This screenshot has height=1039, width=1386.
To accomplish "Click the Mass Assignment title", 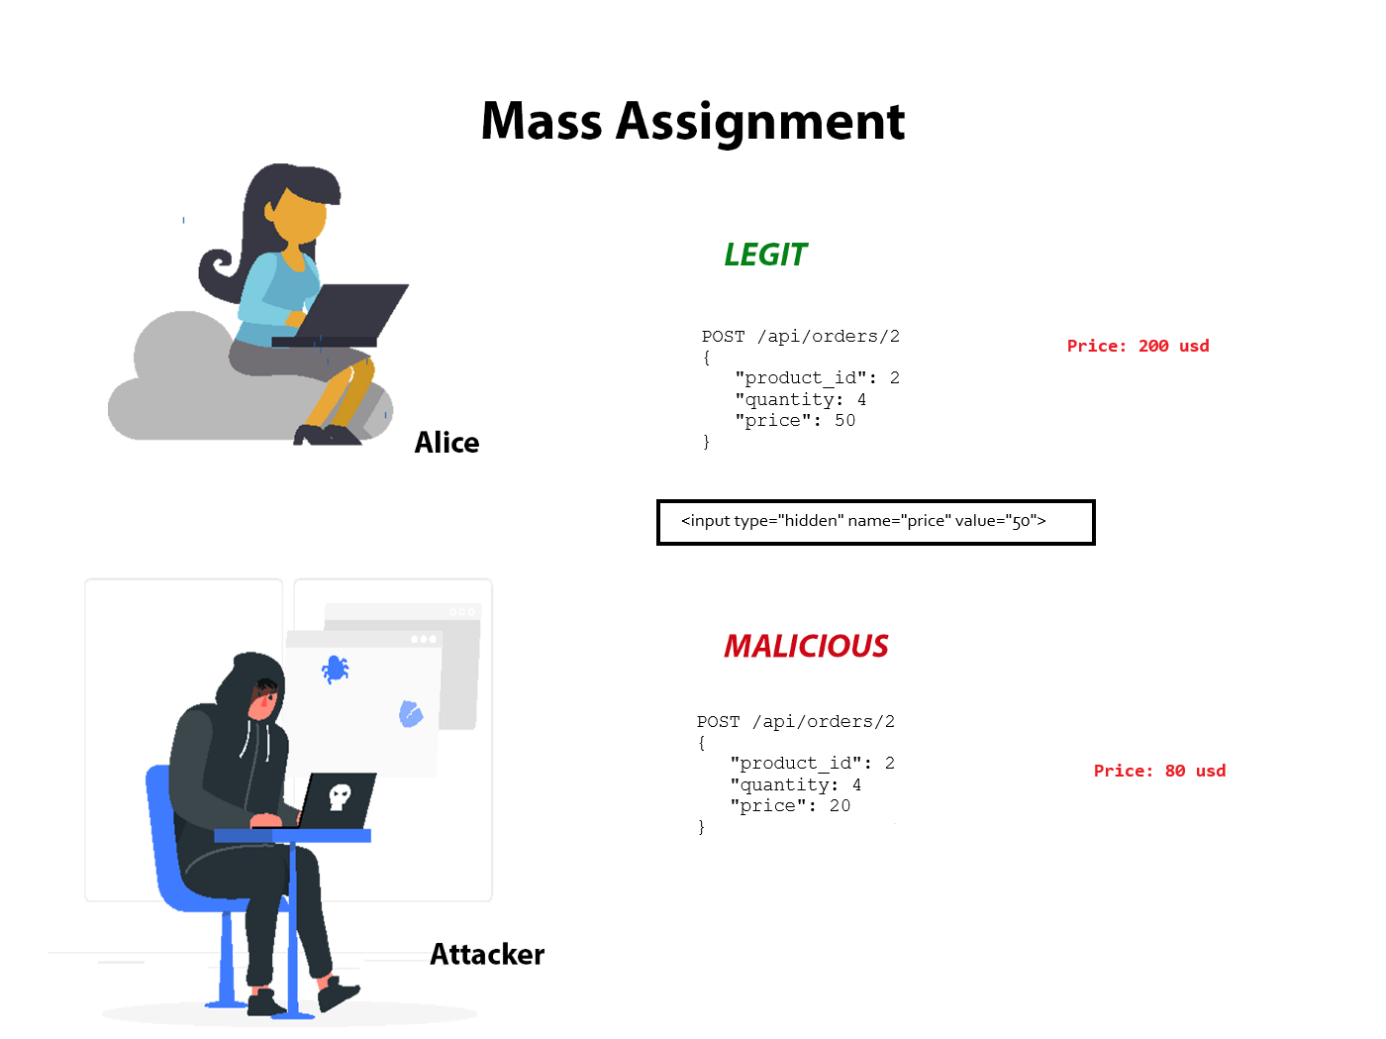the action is (692, 122).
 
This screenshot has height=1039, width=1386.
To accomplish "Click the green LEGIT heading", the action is (764, 255).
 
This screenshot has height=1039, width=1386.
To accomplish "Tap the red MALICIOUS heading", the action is (806, 646).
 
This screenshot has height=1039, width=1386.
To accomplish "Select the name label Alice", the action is (446, 442).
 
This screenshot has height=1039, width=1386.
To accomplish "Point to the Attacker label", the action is (487, 953).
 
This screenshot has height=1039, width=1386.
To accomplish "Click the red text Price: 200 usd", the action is (1138, 346).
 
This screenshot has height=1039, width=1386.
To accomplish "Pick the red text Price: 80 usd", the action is (1159, 770).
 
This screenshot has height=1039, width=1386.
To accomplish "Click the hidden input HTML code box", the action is (875, 522).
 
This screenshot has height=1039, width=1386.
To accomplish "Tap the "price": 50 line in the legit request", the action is (795, 421).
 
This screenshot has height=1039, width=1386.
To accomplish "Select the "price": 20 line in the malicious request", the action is (790, 806).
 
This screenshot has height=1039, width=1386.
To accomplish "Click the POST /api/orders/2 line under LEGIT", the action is (800, 336).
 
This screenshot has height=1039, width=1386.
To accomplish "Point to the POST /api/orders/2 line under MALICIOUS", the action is (795, 721).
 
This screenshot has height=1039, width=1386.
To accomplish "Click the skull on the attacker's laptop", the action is (340, 795).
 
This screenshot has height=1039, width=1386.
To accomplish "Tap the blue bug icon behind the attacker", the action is (335, 669).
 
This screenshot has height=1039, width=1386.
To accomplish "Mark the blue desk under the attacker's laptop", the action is (292, 835).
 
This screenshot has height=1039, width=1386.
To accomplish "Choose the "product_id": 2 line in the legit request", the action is (817, 378).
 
